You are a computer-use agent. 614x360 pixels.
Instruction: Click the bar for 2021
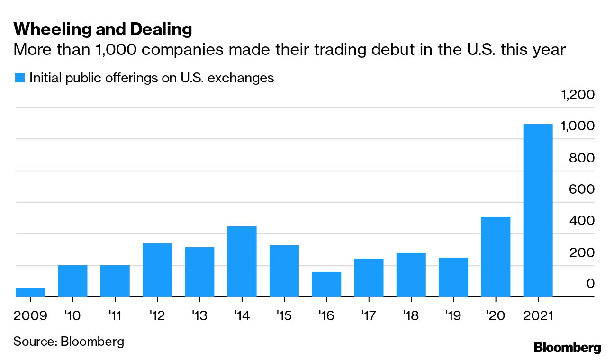[x=538, y=210]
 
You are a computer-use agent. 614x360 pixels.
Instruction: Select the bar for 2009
[x=30, y=292]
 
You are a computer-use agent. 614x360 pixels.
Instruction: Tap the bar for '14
[x=242, y=261]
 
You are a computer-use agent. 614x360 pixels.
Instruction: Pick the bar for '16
[x=326, y=284]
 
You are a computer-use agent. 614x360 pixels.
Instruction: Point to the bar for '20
[x=496, y=257]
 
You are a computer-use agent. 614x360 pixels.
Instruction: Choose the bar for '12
[x=157, y=270]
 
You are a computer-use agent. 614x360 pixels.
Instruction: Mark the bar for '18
[x=411, y=275]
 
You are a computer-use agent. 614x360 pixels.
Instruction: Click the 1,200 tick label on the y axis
[x=578, y=95]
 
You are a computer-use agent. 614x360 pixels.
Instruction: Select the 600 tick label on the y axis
[x=582, y=189]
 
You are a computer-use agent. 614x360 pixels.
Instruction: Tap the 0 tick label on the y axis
[x=590, y=283]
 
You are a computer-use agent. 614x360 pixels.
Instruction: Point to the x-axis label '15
[x=284, y=315]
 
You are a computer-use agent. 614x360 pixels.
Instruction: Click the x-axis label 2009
[x=30, y=315]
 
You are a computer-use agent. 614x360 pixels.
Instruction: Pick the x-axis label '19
[x=453, y=315]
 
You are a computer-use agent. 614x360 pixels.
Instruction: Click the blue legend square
[x=19, y=78]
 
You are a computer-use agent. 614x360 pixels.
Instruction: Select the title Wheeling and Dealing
[x=103, y=29]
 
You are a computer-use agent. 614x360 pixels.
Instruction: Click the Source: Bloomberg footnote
[x=69, y=341]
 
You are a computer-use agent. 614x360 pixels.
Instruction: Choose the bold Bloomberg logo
[x=567, y=347]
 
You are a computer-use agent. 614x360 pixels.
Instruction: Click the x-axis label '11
[x=115, y=315]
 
